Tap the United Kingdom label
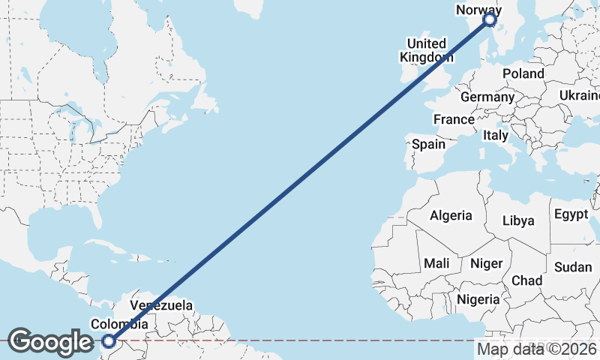[x=426, y=50]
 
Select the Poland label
[x=523, y=73]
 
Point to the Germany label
[x=487, y=97]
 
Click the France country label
[x=454, y=119]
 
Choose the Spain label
[x=428, y=144]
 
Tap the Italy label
[x=495, y=136]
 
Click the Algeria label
[x=451, y=215]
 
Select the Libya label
[x=518, y=220]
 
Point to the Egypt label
[x=571, y=214]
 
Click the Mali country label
[x=436, y=263]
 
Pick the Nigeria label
[x=478, y=299]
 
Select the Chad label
[x=526, y=280]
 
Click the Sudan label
[x=572, y=267]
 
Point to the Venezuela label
[x=161, y=305]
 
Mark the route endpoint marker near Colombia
[x=109, y=341]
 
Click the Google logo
[x=50, y=342]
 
